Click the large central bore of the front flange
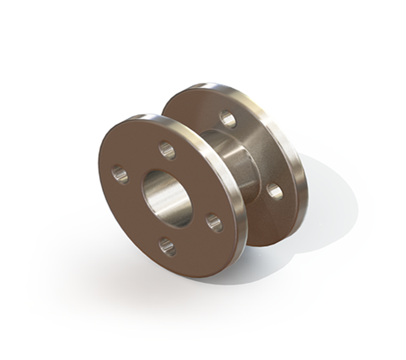(166, 198)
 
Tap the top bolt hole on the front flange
(168, 150)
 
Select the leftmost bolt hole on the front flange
(120, 174)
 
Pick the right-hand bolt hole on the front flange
(214, 222)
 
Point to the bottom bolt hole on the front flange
(168, 246)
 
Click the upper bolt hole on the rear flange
(228, 119)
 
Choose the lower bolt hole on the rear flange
(275, 191)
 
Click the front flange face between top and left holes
(139, 157)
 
